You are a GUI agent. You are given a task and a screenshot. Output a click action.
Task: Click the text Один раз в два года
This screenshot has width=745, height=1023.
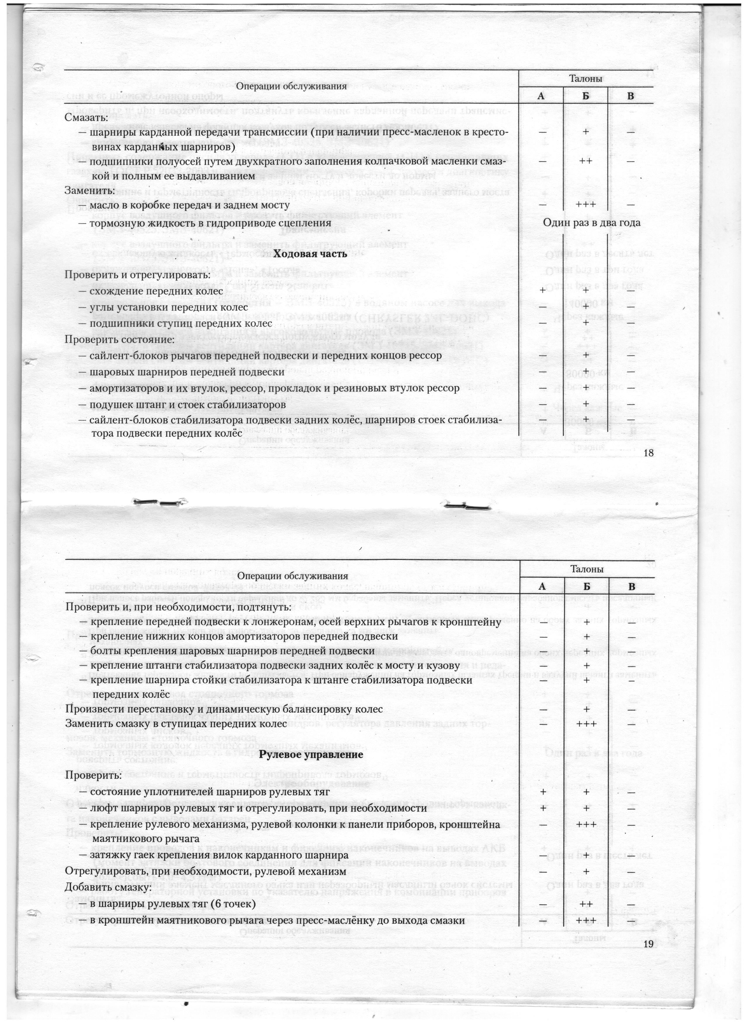point(591,223)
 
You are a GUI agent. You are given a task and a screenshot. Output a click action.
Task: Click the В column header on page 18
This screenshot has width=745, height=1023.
point(630,96)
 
